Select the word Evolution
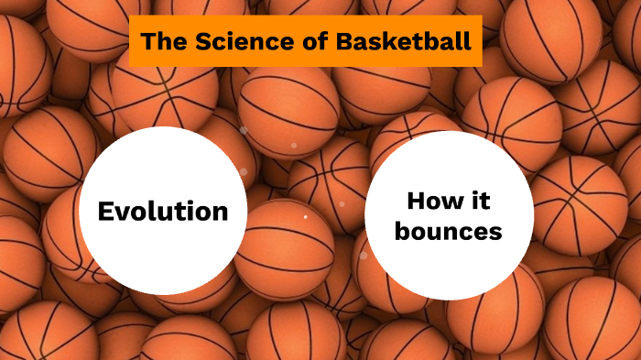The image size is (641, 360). click(163, 212)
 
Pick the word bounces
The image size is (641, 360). click(449, 232)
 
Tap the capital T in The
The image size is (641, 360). click(148, 41)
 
